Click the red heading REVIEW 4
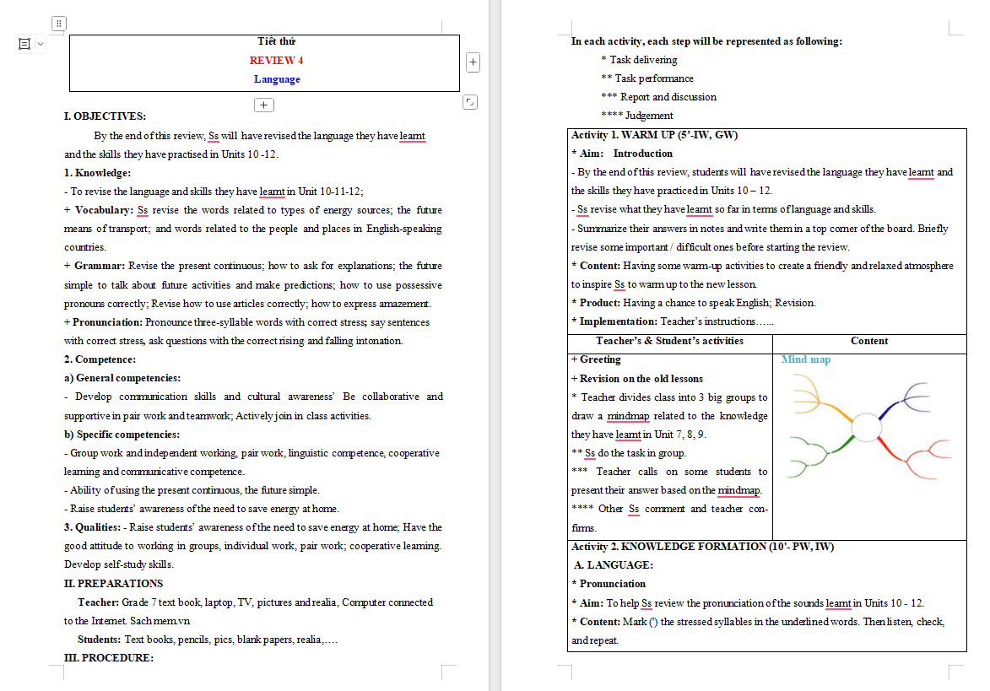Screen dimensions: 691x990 coord(276,61)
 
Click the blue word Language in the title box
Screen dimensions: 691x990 coord(277,79)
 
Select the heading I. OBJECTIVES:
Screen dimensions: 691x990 coord(105,116)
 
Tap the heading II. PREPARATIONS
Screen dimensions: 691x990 coord(113,583)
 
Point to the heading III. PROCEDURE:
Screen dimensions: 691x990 coord(109,657)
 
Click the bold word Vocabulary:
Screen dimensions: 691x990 coord(104,210)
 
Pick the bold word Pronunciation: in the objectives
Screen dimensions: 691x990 coord(107,322)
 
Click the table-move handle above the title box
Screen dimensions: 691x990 coord(58,24)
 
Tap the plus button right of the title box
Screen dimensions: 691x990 coord(473,62)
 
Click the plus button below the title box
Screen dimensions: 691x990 coord(264,105)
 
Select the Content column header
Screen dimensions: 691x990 coord(869,341)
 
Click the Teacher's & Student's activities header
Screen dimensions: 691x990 coord(669,341)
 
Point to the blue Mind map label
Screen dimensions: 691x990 coord(806,359)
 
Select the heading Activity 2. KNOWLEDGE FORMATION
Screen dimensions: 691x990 coord(702,547)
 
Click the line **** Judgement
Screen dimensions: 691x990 coord(637,116)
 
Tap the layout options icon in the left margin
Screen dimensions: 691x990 coord(24,43)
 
